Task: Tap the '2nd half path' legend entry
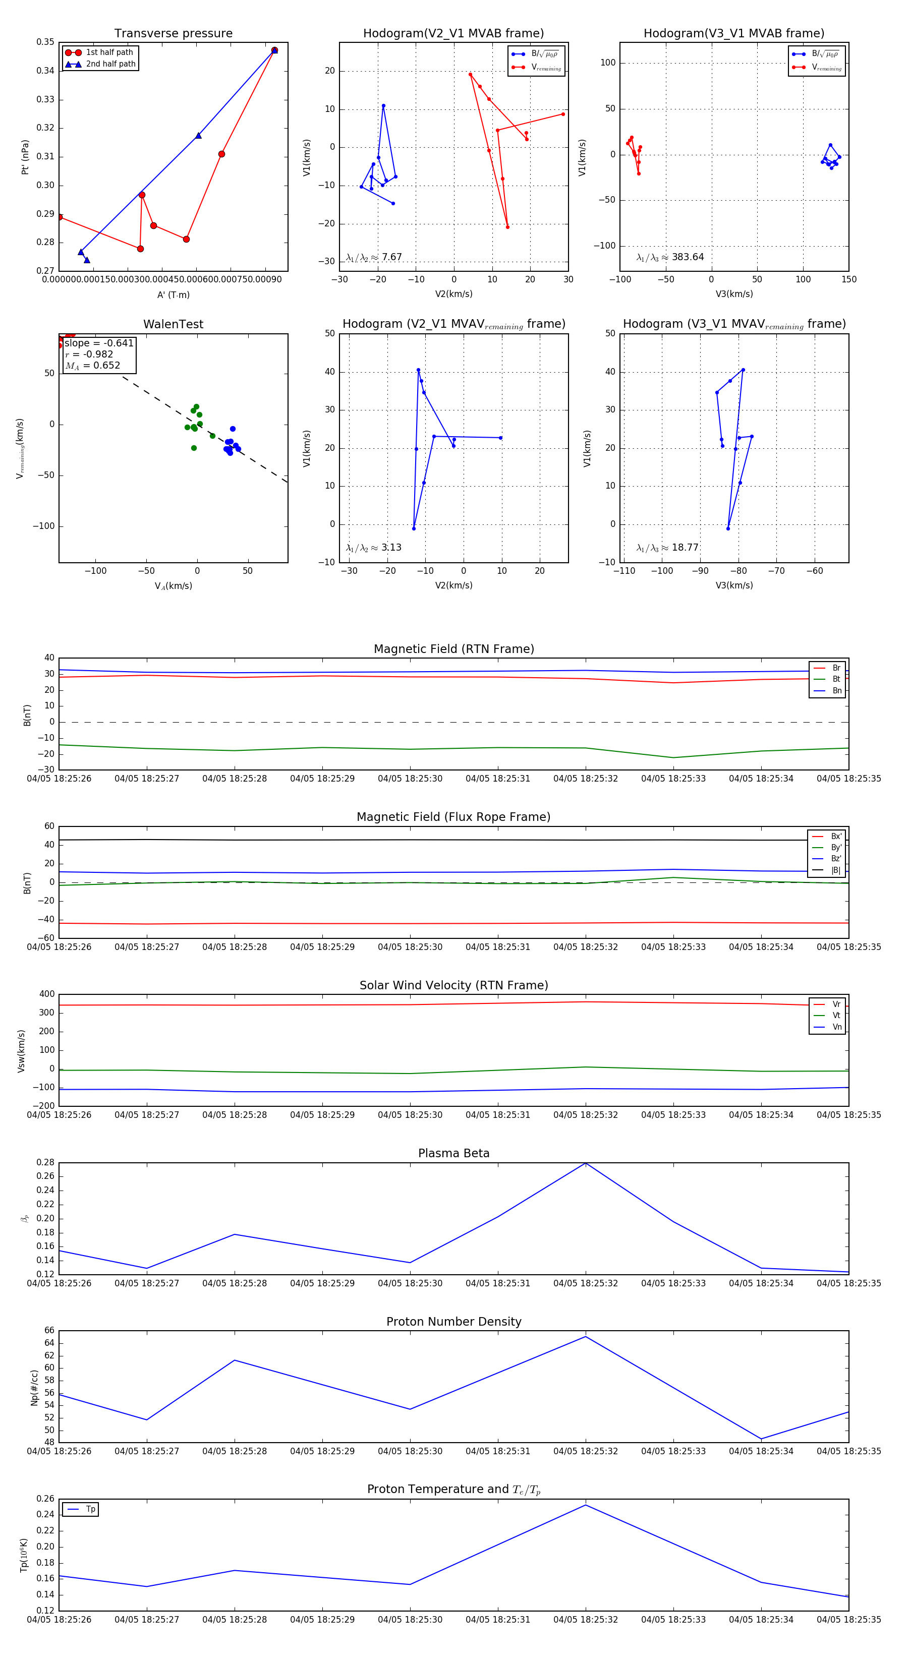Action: click(110, 64)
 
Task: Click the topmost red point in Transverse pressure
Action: click(274, 50)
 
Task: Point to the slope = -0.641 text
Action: click(99, 343)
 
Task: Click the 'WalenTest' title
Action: click(173, 324)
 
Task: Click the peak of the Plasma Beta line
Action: click(586, 1163)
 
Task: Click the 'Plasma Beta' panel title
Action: click(453, 1153)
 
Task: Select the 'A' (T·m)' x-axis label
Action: click(173, 294)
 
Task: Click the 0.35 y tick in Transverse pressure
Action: click(45, 42)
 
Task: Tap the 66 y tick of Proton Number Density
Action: click(49, 1330)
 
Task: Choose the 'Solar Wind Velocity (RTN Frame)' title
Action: click(453, 985)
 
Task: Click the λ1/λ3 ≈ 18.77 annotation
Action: click(667, 548)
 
